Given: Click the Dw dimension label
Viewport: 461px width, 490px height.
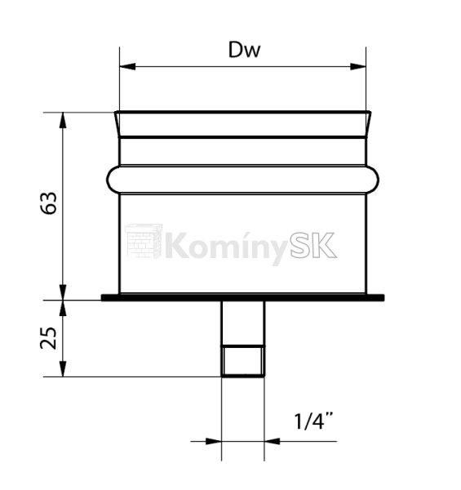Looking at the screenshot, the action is tap(244, 50).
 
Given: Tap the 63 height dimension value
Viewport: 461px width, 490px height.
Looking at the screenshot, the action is tap(49, 203).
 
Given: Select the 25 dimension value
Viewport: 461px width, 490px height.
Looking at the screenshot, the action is tap(49, 338).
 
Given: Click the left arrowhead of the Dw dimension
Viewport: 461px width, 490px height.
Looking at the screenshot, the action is tap(127, 67).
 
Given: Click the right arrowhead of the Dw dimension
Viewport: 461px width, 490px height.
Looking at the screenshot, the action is tap(358, 67).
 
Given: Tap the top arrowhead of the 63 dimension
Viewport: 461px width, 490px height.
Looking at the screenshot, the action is tap(63, 120).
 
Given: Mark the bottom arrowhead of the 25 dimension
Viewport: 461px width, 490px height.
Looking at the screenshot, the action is tap(63, 369).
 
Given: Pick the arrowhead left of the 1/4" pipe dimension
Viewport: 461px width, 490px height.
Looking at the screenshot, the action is tap(214, 441).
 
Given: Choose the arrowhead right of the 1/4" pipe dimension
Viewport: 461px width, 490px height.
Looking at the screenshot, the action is tap(273, 441).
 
